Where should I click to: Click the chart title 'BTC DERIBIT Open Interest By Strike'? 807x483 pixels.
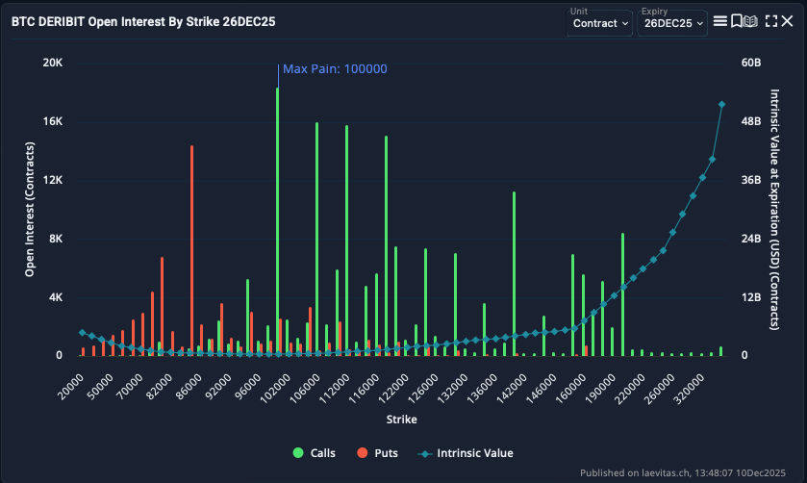pyautogui.click(x=143, y=21)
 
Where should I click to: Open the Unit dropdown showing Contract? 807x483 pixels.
pyautogui.click(x=599, y=23)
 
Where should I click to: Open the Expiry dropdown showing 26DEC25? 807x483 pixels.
pyautogui.click(x=672, y=23)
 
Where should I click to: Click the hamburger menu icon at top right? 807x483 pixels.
pyautogui.click(x=719, y=21)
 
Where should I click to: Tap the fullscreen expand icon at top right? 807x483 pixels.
pyautogui.click(x=771, y=21)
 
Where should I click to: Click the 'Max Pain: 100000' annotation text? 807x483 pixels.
pyautogui.click(x=335, y=69)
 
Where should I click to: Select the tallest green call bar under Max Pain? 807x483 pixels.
pyautogui.click(x=277, y=221)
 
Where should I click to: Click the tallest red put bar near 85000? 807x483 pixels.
pyautogui.click(x=191, y=250)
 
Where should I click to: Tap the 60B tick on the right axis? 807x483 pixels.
pyautogui.click(x=751, y=63)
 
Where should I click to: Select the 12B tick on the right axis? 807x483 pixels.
pyautogui.click(x=751, y=297)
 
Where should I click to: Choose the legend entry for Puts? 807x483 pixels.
pyautogui.click(x=380, y=453)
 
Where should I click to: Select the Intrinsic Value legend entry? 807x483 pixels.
pyautogui.click(x=466, y=453)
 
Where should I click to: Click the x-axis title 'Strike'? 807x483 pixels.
pyautogui.click(x=401, y=419)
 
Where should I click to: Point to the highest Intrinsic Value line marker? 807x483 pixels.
pyautogui.click(x=721, y=104)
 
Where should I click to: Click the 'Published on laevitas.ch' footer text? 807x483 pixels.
pyautogui.click(x=688, y=472)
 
